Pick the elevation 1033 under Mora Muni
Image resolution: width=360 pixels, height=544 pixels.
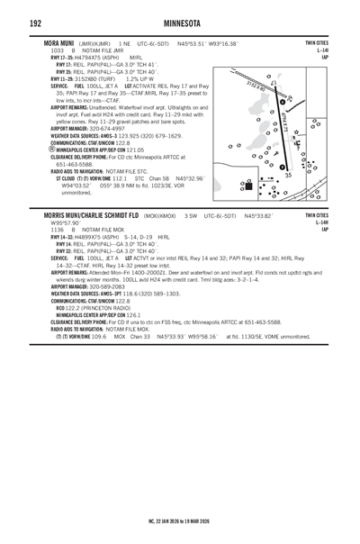pos(57,50)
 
